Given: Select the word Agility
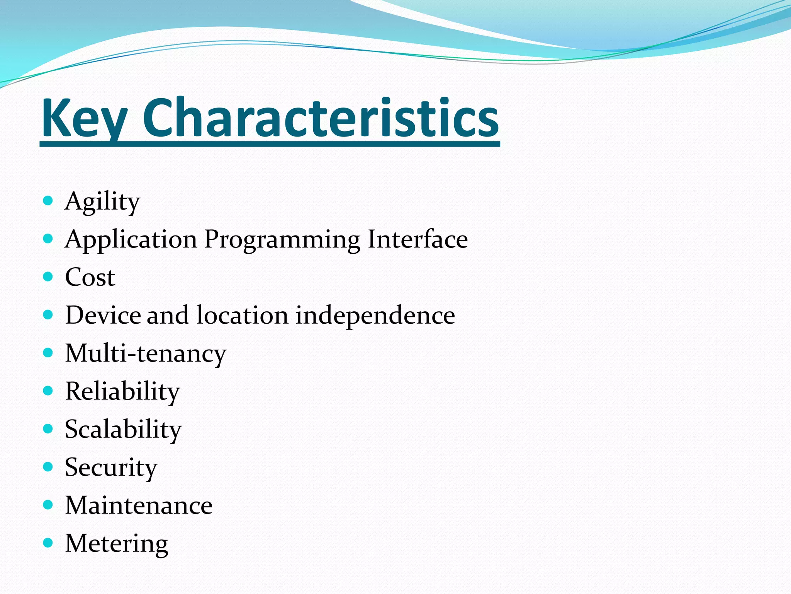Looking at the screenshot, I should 102,202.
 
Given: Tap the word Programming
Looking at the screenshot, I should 282,240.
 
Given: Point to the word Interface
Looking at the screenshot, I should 418,239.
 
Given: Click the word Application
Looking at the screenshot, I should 131,240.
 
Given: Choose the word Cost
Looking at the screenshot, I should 90,277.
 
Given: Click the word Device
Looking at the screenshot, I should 103,315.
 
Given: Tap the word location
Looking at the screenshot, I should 242,315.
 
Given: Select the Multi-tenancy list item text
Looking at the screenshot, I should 146,353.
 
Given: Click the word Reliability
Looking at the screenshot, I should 122,391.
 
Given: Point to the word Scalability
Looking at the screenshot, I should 123,429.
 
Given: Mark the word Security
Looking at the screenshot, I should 111,468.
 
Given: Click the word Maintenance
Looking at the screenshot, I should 139,505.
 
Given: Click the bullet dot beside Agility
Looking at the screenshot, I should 48,200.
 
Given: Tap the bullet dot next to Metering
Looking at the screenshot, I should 48,543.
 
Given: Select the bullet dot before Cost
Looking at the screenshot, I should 48,277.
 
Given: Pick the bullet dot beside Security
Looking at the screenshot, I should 48,467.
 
